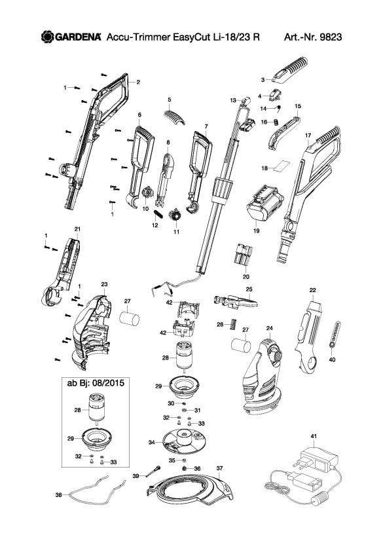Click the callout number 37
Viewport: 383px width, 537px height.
tap(220, 468)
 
